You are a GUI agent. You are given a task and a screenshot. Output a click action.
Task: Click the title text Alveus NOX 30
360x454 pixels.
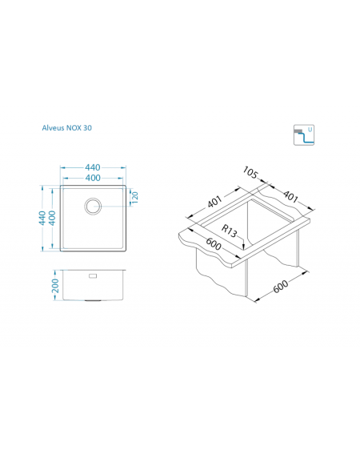[67, 127]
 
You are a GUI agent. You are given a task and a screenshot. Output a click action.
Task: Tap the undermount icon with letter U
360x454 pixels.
[304, 135]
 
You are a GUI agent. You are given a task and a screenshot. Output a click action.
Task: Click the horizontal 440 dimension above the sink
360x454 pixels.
[93, 167]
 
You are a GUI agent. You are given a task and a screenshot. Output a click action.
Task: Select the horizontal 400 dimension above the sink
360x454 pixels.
[93, 178]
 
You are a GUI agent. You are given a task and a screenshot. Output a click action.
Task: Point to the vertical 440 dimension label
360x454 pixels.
[42, 218]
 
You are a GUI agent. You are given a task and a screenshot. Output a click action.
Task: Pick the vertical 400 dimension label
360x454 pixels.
[52, 218]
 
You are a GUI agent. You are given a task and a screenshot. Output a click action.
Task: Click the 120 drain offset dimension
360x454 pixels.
[135, 197]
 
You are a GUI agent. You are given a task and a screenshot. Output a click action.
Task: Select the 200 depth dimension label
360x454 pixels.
[55, 286]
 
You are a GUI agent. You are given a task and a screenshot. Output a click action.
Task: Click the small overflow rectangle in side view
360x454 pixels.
[93, 275]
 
